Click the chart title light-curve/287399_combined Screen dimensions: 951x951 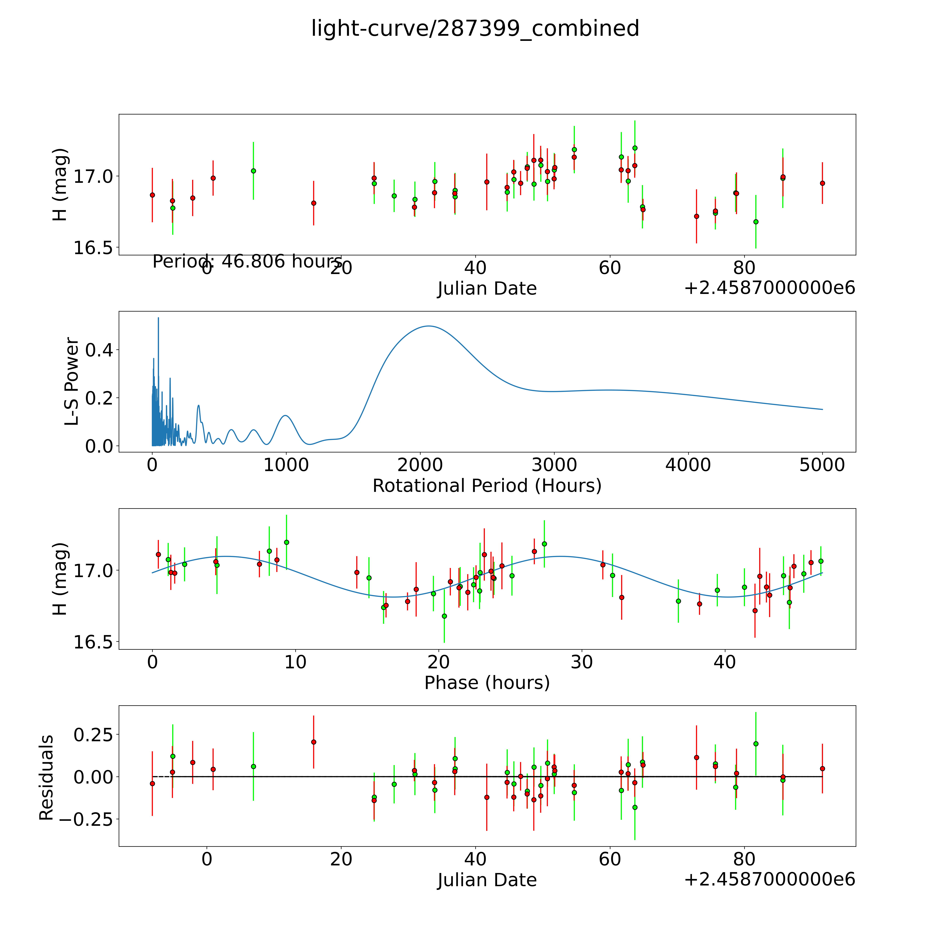(x=475, y=29)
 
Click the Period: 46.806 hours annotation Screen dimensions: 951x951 (x=247, y=261)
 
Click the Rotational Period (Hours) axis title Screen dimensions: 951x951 (x=487, y=486)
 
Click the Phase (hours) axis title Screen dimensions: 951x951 (x=487, y=683)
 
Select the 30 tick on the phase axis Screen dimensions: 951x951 (x=582, y=662)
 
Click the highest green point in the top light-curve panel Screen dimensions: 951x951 (x=635, y=148)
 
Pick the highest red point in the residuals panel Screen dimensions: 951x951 (x=313, y=742)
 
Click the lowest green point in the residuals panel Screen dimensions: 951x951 (x=635, y=807)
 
